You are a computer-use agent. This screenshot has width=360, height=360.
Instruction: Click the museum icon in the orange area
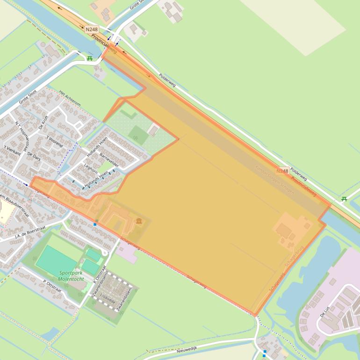click(x=139, y=220)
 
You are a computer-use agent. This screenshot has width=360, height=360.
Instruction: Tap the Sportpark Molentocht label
click(x=71, y=276)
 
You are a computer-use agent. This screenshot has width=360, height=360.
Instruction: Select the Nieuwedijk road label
click(x=187, y=349)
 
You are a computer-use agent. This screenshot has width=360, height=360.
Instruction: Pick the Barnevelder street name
click(x=109, y=160)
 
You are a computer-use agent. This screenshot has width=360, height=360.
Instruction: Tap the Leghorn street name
click(x=91, y=168)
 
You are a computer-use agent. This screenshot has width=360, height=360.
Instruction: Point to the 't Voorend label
click(x=55, y=141)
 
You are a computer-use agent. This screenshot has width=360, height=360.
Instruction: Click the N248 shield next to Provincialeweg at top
click(x=91, y=29)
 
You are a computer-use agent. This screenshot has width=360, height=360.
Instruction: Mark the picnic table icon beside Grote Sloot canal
click(x=89, y=58)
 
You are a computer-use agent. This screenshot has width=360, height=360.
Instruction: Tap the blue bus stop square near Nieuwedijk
click(x=265, y=353)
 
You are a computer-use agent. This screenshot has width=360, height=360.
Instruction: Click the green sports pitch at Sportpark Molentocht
click(x=56, y=260)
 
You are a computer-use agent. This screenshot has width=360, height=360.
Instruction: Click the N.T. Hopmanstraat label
click(x=22, y=134)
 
